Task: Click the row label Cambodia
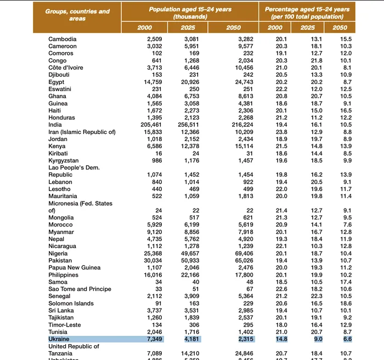(63, 39)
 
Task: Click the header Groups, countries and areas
(77, 15)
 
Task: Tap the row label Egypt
(57, 82)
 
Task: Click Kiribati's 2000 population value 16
(158, 153)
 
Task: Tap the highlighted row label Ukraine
(59, 339)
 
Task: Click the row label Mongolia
(61, 217)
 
